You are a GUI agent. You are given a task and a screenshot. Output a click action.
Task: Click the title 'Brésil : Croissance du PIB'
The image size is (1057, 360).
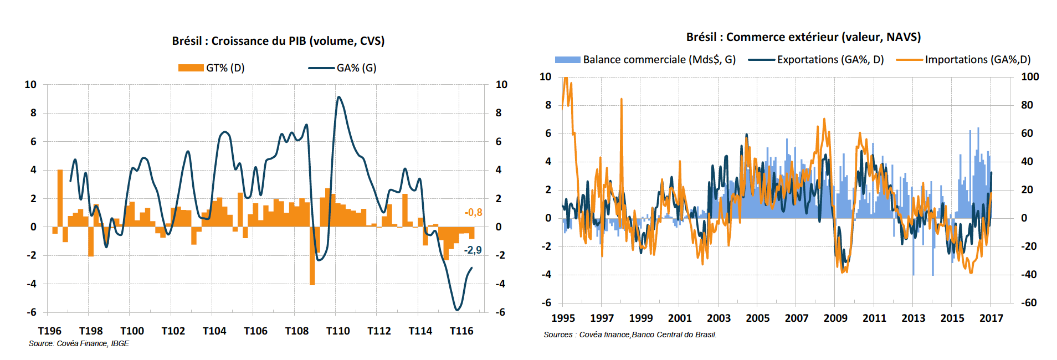pyautogui.click(x=278, y=41)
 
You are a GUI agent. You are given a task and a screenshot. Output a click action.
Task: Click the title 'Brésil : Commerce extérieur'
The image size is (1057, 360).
pyautogui.click(x=803, y=37)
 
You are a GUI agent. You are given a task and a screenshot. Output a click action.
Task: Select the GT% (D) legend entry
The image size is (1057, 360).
pyautogui.click(x=211, y=68)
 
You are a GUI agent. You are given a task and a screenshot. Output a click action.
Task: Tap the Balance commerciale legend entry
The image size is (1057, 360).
pyautogui.click(x=645, y=60)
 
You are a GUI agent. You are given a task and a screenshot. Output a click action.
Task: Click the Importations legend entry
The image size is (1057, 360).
pyautogui.click(x=963, y=60)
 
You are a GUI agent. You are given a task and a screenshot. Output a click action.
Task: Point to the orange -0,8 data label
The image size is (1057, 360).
pyautogui.click(x=473, y=213)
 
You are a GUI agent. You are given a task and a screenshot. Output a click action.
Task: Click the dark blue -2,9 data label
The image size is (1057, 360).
pyautogui.click(x=473, y=250)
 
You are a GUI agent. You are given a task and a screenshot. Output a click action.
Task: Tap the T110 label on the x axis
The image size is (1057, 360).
pyautogui.click(x=338, y=331)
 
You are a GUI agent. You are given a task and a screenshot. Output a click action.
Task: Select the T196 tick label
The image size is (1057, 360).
pyautogui.click(x=50, y=331)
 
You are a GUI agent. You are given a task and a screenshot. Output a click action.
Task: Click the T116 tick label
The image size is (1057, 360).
pyautogui.click(x=461, y=331)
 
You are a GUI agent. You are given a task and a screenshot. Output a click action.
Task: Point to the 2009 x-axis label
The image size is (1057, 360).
pyautogui.click(x=835, y=318)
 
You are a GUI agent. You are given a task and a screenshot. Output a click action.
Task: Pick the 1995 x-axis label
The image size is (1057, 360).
pyautogui.click(x=563, y=318)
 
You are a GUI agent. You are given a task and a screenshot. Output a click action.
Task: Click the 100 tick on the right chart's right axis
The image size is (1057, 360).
pyautogui.click(x=1030, y=77)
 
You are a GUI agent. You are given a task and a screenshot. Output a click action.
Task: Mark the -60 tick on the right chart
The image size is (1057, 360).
pyautogui.click(x=1029, y=303)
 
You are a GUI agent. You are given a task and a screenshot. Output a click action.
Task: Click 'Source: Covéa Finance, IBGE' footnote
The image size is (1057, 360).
pyautogui.click(x=79, y=344)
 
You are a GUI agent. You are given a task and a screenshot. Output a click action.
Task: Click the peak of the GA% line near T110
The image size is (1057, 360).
pyautogui.click(x=338, y=97)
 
